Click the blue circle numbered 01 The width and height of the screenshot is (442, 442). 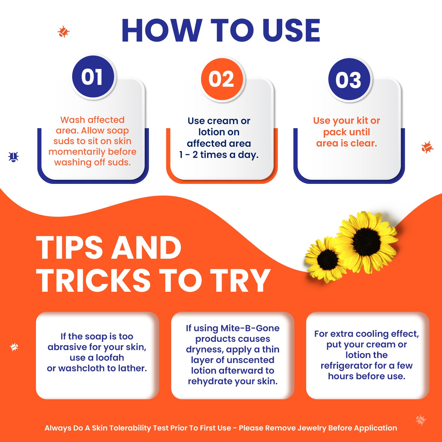tap(93, 77)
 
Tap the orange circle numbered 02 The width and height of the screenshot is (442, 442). tap(222, 79)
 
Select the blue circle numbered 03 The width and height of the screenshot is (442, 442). tap(349, 80)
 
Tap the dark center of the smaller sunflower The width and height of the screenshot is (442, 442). tap(327, 260)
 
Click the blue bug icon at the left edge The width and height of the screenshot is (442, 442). tap(14, 157)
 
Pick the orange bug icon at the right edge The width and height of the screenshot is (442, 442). tap(427, 147)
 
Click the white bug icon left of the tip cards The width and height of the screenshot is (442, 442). tap(14, 347)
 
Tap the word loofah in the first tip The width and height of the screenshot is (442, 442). tap(109, 358)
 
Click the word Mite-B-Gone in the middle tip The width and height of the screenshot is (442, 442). tap(250, 328)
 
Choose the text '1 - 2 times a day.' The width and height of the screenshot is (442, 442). tap(219, 155)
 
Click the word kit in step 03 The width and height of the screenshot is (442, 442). tap(362, 121)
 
